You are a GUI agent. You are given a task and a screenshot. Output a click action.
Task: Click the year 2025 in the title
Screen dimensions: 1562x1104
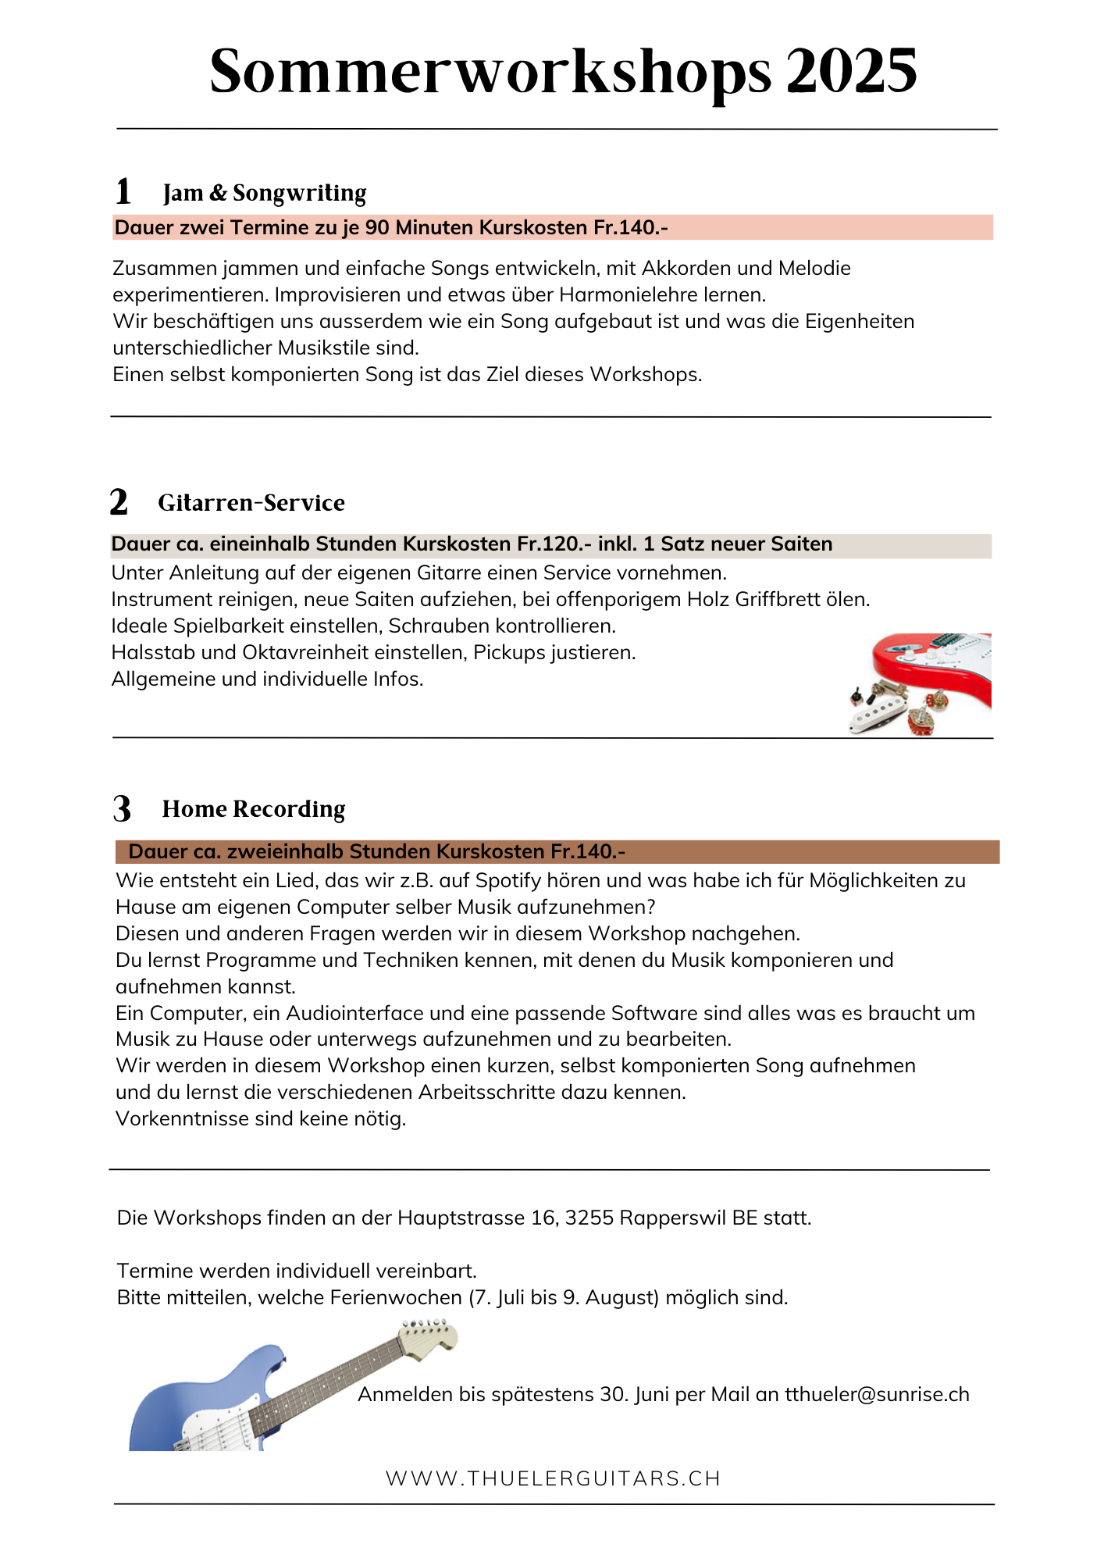coord(851,72)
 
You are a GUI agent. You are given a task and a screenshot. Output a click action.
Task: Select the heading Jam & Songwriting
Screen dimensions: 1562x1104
coord(265,193)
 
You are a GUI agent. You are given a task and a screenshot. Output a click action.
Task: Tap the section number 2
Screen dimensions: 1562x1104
coord(119,502)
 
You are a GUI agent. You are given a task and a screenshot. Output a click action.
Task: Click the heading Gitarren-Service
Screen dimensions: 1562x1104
coord(251,503)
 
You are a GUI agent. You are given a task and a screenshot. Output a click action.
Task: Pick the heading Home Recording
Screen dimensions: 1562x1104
coord(254,809)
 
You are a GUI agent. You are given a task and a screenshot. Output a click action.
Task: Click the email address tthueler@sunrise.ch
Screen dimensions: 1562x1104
coord(877,1395)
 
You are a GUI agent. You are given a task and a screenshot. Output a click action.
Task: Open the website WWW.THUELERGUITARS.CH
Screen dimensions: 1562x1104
coord(553,1478)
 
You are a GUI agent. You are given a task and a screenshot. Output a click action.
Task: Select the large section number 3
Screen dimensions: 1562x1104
coord(122,809)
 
